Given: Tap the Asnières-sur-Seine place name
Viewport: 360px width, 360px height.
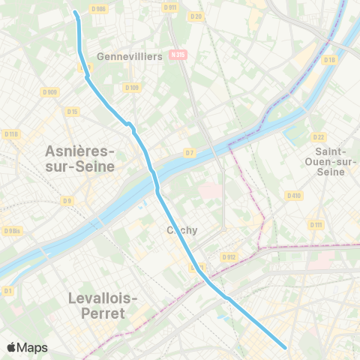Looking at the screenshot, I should pyautogui.click(x=73, y=159).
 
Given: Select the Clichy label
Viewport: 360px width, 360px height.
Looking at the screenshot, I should pyautogui.click(x=182, y=230).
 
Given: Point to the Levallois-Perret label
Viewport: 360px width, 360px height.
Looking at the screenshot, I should pyautogui.click(x=103, y=306).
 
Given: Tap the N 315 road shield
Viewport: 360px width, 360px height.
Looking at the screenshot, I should pyautogui.click(x=178, y=55).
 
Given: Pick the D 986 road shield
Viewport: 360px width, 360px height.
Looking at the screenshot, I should pyautogui.click(x=97, y=8).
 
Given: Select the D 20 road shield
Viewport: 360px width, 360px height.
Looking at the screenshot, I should pyautogui.click(x=196, y=16).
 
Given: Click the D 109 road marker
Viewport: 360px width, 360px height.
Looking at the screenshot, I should pyautogui.click(x=131, y=88).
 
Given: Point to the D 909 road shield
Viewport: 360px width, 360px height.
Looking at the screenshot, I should pyautogui.click(x=51, y=92).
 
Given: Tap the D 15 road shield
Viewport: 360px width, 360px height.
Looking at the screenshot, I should pyautogui.click(x=72, y=112).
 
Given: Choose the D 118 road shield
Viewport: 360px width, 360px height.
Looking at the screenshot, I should pyautogui.click(x=10, y=133).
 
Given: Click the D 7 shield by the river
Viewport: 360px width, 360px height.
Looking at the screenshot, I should pyautogui.click(x=190, y=152).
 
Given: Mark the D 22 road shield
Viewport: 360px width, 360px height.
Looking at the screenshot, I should pyautogui.click(x=319, y=136).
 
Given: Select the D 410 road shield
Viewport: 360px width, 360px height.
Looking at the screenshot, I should pyautogui.click(x=293, y=196).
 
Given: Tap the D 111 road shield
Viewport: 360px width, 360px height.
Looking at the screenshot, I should pyautogui.click(x=316, y=225).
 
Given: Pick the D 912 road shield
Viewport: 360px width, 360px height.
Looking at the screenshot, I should pyautogui.click(x=229, y=257).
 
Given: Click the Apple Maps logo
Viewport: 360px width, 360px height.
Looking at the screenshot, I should pyautogui.click(x=26, y=347).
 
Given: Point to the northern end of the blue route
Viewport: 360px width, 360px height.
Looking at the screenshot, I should pyautogui.click(x=75, y=13).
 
